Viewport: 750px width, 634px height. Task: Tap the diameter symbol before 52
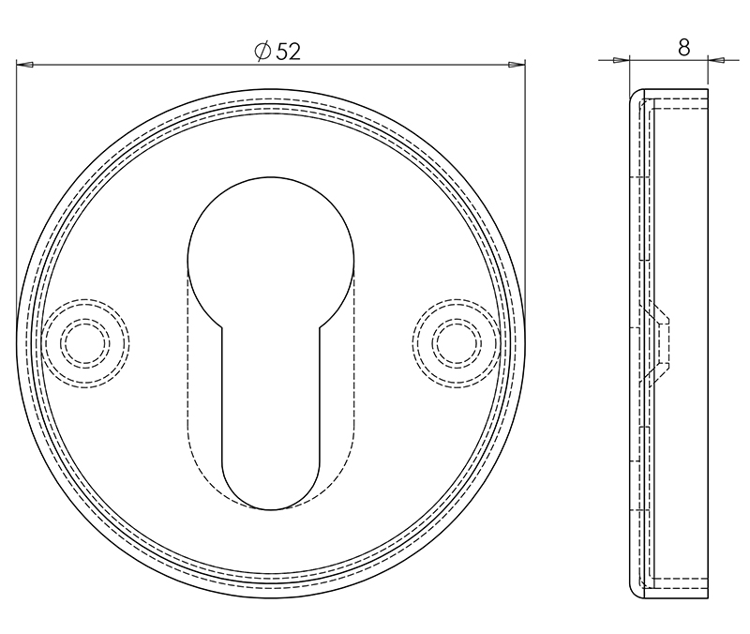pyautogui.click(x=262, y=52)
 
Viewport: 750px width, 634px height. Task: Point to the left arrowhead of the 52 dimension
pyautogui.click(x=26, y=65)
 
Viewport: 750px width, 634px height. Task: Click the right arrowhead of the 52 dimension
pyautogui.click(x=516, y=65)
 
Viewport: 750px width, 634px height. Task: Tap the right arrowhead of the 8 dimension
pyautogui.click(x=717, y=60)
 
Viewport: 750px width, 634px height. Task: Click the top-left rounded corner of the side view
pyautogui.click(x=634, y=97)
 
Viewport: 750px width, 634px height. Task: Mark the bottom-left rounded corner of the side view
pyautogui.click(x=634, y=589)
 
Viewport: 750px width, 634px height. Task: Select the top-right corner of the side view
pyautogui.click(x=707, y=92)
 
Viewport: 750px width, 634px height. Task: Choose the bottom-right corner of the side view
pyautogui.click(x=707, y=595)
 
